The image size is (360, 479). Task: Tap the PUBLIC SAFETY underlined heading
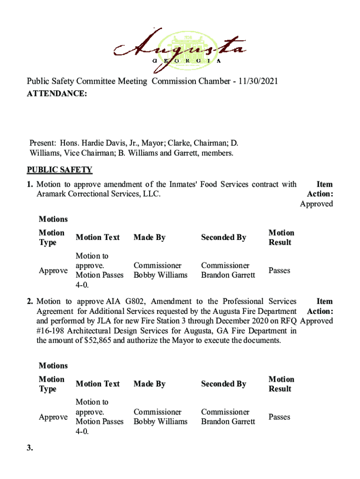(x=59, y=170)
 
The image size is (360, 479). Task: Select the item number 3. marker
(x=30, y=448)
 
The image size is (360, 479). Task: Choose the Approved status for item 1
(x=317, y=203)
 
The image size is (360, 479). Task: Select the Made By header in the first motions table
(x=150, y=238)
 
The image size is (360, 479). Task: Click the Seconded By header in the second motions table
(x=223, y=384)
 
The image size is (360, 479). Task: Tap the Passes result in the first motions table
(x=279, y=270)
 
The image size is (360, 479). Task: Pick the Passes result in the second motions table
(x=279, y=417)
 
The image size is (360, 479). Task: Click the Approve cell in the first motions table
(x=53, y=270)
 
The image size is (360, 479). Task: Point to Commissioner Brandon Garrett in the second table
(x=228, y=417)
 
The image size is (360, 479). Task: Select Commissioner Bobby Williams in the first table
(x=160, y=270)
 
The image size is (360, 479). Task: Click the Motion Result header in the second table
(x=281, y=384)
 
